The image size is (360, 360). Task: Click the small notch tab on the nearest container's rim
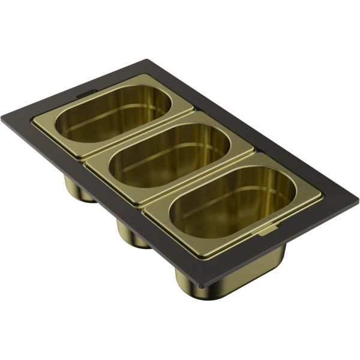[x=269, y=228]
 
